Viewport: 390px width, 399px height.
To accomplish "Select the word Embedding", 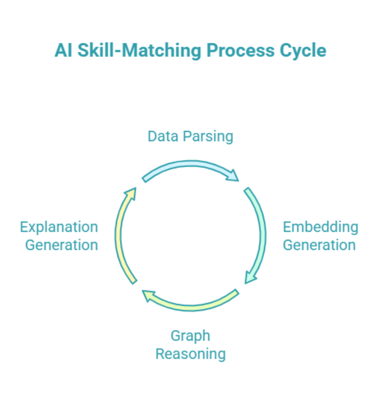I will click(x=320, y=227).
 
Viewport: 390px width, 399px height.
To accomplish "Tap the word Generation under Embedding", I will click(x=319, y=245).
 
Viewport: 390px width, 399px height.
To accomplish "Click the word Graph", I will click(x=190, y=336).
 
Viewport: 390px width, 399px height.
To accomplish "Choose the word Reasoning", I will click(x=190, y=354).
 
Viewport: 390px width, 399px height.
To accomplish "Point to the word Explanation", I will click(x=59, y=227).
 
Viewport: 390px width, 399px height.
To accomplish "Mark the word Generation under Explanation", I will click(x=61, y=245).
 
